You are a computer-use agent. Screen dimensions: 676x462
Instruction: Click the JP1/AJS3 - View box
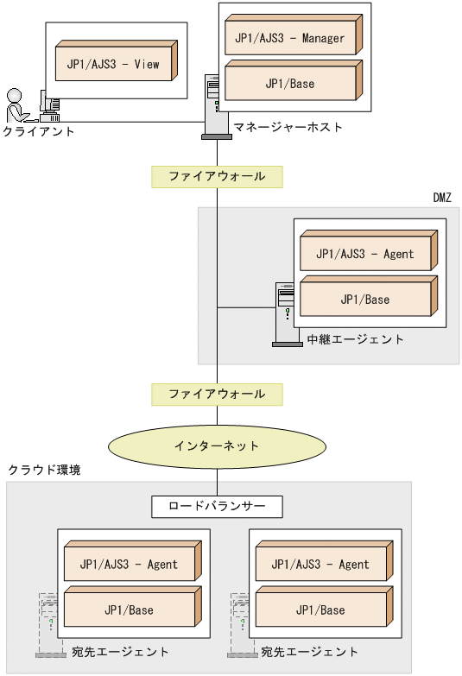[113, 63]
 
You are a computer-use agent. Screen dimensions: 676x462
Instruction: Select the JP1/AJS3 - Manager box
[289, 37]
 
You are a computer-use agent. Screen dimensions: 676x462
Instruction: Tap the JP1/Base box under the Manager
[289, 83]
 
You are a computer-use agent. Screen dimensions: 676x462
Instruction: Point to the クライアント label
[38, 132]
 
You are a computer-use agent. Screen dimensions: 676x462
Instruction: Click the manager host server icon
[212, 106]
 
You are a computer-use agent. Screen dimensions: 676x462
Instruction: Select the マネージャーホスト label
[288, 128]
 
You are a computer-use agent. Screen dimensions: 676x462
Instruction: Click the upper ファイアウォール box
[217, 176]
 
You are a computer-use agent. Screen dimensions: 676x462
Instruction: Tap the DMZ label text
[441, 198]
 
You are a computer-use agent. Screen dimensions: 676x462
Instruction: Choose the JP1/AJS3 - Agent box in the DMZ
[364, 253]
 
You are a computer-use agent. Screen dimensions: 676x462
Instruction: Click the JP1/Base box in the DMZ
[364, 299]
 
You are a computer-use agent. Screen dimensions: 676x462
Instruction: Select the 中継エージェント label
[355, 339]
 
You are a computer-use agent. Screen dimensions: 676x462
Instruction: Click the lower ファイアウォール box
[217, 394]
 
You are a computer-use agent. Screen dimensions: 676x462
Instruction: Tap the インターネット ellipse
[217, 446]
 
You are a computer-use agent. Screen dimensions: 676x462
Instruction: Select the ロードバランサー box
[217, 506]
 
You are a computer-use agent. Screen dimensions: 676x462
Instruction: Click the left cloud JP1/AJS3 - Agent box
[129, 564]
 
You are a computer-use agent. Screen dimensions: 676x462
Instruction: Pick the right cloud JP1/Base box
[320, 610]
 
